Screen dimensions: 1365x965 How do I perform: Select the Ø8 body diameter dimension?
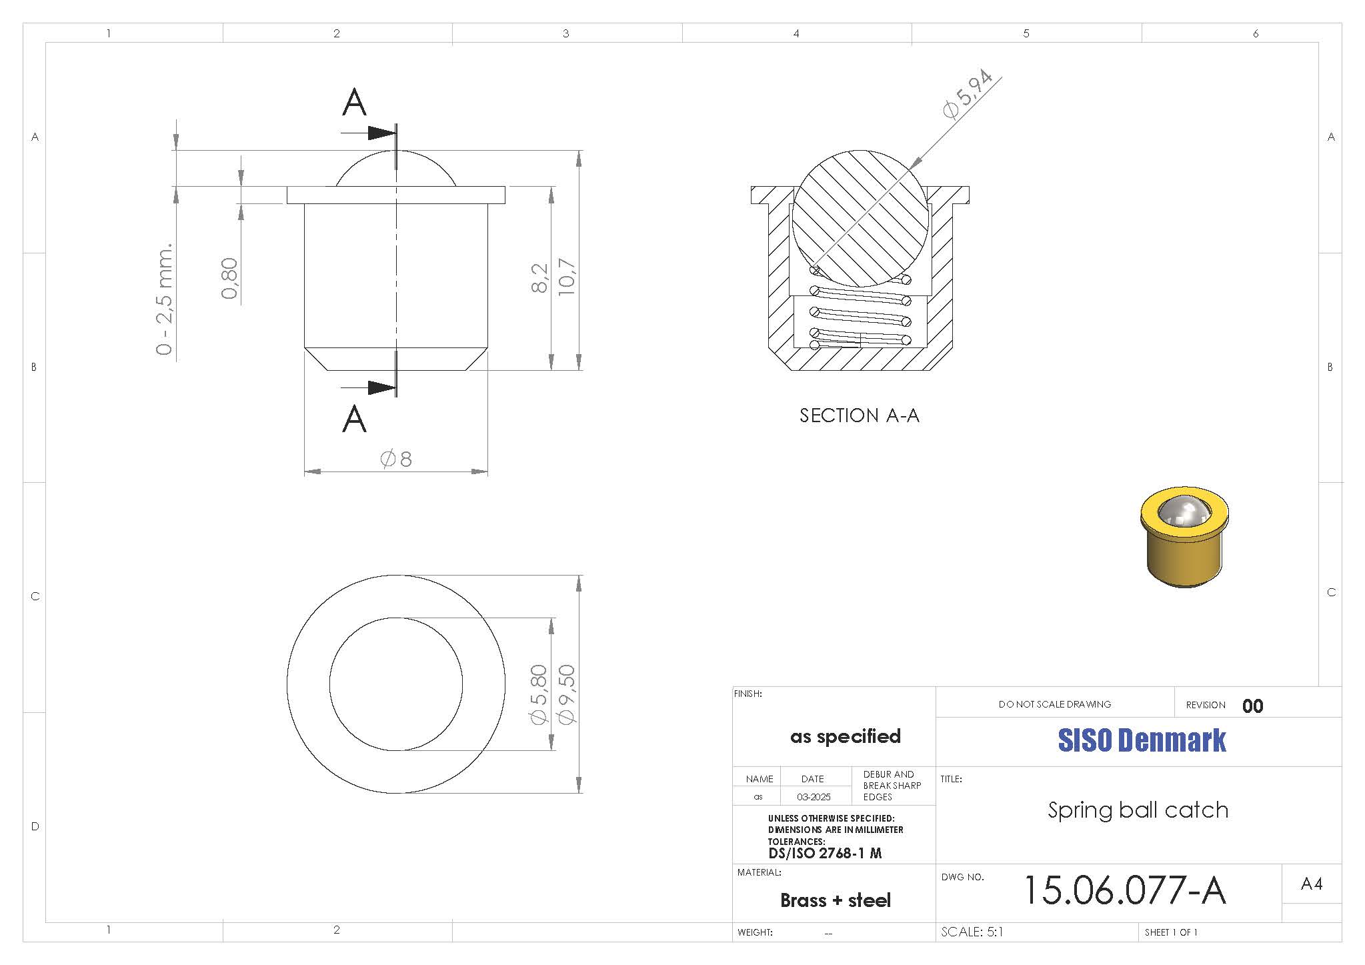click(x=396, y=459)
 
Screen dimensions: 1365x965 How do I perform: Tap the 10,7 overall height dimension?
click(x=567, y=276)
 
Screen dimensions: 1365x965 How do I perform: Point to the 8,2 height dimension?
click(x=540, y=277)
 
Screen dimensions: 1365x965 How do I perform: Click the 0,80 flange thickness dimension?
click(x=229, y=278)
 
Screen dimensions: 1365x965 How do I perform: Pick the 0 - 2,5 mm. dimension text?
click(x=165, y=299)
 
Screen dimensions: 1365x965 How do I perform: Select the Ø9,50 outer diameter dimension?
click(x=567, y=694)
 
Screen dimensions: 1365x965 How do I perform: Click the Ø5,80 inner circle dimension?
click(x=539, y=694)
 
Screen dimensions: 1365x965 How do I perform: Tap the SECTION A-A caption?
click(x=860, y=415)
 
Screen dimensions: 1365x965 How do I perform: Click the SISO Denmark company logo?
click(x=1142, y=740)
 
